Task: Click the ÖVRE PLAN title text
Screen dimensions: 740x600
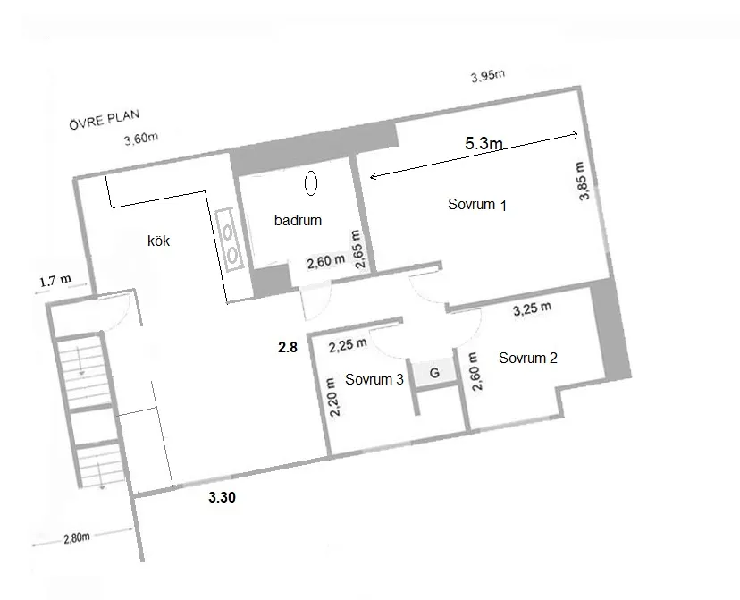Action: pyautogui.click(x=105, y=119)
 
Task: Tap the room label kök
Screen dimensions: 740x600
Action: pyautogui.click(x=158, y=241)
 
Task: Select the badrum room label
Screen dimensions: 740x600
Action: pyautogui.click(x=298, y=220)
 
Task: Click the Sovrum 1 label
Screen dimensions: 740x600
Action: pyautogui.click(x=477, y=205)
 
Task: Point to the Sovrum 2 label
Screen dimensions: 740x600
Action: pyautogui.click(x=528, y=358)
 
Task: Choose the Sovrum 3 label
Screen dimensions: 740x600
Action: pyautogui.click(x=374, y=379)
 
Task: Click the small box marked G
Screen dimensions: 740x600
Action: pyautogui.click(x=434, y=373)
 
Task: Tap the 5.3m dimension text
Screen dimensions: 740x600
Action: pyautogui.click(x=484, y=142)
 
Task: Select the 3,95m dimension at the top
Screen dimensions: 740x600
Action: pyautogui.click(x=488, y=75)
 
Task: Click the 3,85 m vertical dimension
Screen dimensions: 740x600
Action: pyautogui.click(x=583, y=182)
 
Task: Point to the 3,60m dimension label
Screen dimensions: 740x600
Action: pyautogui.click(x=141, y=139)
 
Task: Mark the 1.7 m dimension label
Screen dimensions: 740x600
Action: pyautogui.click(x=55, y=281)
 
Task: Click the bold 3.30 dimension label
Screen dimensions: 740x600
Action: pyautogui.click(x=222, y=497)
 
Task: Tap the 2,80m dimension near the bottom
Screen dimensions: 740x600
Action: pyautogui.click(x=77, y=537)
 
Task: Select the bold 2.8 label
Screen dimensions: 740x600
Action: pyautogui.click(x=288, y=347)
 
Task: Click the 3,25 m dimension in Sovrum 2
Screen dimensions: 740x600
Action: pyautogui.click(x=532, y=308)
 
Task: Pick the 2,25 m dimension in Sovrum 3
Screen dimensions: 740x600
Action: pyautogui.click(x=348, y=344)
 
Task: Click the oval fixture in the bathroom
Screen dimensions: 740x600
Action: pyautogui.click(x=310, y=182)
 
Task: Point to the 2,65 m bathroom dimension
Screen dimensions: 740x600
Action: pyautogui.click(x=358, y=249)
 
